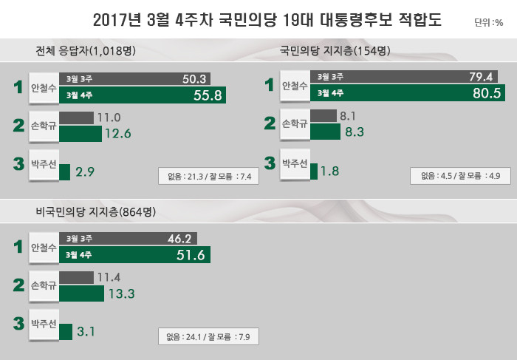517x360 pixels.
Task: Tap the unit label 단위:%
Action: pos(488,23)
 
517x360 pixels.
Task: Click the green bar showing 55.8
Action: pos(142,95)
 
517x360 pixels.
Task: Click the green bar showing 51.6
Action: pos(134,256)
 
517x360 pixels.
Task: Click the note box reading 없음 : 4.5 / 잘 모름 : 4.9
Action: pos(460,176)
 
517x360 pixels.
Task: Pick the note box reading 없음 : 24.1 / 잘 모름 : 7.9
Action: pos(208,337)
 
